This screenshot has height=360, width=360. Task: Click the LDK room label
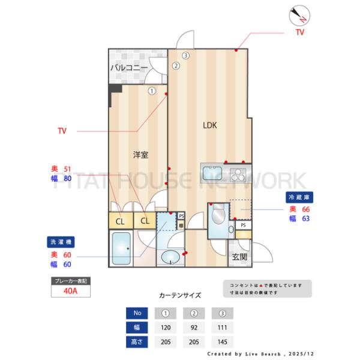(x=209, y=125)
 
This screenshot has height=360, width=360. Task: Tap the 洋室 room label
(x=140, y=155)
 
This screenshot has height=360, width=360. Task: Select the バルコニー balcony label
(x=128, y=68)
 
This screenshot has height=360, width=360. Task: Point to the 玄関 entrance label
(x=239, y=257)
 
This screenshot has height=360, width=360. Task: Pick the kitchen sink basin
(x=213, y=174)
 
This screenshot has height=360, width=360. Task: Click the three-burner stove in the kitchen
(x=238, y=175)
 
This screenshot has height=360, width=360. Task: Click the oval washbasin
(x=170, y=259)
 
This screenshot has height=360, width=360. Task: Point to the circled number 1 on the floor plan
(x=152, y=91)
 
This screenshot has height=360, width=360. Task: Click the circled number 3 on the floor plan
(x=186, y=56)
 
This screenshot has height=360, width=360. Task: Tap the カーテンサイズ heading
(x=180, y=295)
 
